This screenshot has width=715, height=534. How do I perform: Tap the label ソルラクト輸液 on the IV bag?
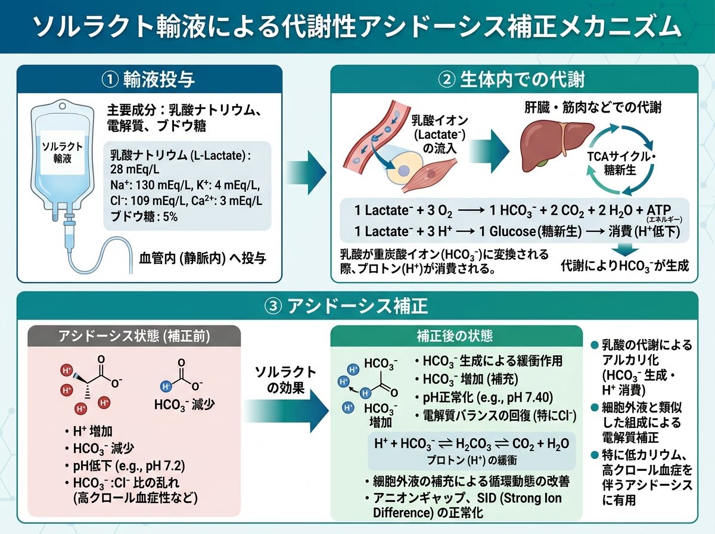click(x=62, y=153)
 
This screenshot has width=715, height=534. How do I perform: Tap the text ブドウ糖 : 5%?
click(x=144, y=217)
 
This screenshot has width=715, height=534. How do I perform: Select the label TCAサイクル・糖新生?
click(x=620, y=163)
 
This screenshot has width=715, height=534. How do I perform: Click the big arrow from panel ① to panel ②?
click(x=306, y=172)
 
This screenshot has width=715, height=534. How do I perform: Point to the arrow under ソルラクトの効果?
click(x=286, y=411)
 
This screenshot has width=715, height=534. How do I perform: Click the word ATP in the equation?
click(x=658, y=210)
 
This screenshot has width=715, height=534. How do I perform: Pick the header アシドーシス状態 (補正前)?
click(x=134, y=336)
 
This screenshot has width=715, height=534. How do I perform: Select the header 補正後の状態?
click(x=455, y=336)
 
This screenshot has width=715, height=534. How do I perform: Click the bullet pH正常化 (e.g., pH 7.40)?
click(x=484, y=398)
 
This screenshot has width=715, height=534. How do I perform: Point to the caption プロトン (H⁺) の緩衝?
click(x=472, y=460)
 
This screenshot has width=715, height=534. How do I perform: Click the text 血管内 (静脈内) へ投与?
click(x=203, y=258)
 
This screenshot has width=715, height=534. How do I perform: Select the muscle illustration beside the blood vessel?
click(x=428, y=176)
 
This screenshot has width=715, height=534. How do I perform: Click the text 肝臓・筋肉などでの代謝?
click(x=593, y=107)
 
